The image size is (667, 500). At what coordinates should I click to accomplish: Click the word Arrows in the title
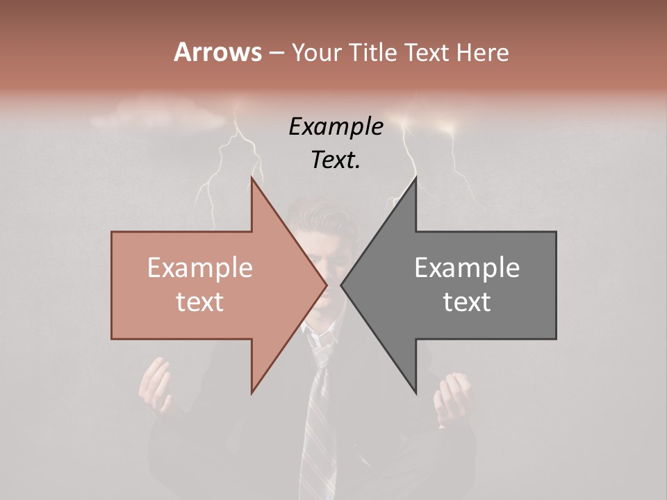(217, 52)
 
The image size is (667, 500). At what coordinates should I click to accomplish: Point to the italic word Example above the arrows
(336, 126)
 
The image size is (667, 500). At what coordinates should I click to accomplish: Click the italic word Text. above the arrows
(336, 160)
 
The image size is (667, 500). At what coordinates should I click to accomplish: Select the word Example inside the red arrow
(200, 268)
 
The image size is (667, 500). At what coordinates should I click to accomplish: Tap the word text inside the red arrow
(200, 302)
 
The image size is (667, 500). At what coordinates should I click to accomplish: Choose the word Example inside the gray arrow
(467, 268)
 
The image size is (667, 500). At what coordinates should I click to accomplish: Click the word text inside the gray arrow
(467, 302)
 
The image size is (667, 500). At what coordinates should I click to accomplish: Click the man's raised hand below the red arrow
(155, 385)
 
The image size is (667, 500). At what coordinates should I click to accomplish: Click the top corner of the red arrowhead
(252, 177)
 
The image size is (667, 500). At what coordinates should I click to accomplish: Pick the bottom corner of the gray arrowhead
(416, 393)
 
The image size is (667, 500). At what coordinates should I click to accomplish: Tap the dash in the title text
(276, 53)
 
